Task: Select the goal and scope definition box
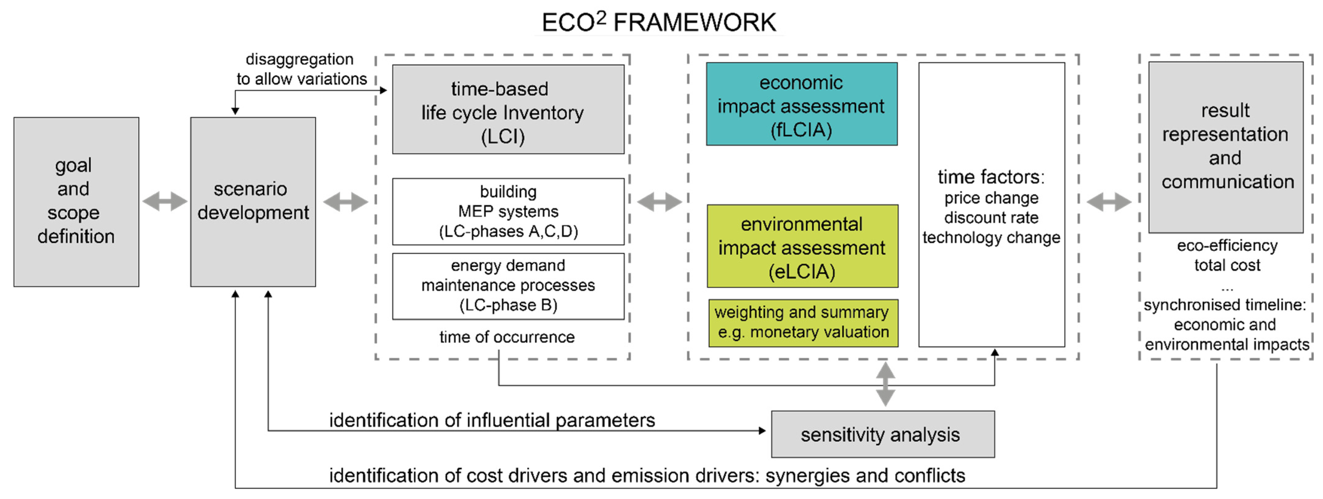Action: [x=76, y=202]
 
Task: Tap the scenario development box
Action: [x=253, y=202]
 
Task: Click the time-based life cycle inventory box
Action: [x=508, y=109]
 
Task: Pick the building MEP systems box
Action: [x=508, y=211]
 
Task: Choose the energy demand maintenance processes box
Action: [x=508, y=286]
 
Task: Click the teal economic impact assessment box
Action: [x=801, y=104]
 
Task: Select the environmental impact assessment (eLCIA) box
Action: [x=802, y=246]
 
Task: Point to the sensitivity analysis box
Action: [x=882, y=434]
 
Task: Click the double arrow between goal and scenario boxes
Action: [x=164, y=202]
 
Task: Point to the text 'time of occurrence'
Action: [x=507, y=337]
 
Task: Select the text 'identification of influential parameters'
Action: [x=491, y=421]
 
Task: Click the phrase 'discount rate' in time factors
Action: [x=991, y=218]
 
